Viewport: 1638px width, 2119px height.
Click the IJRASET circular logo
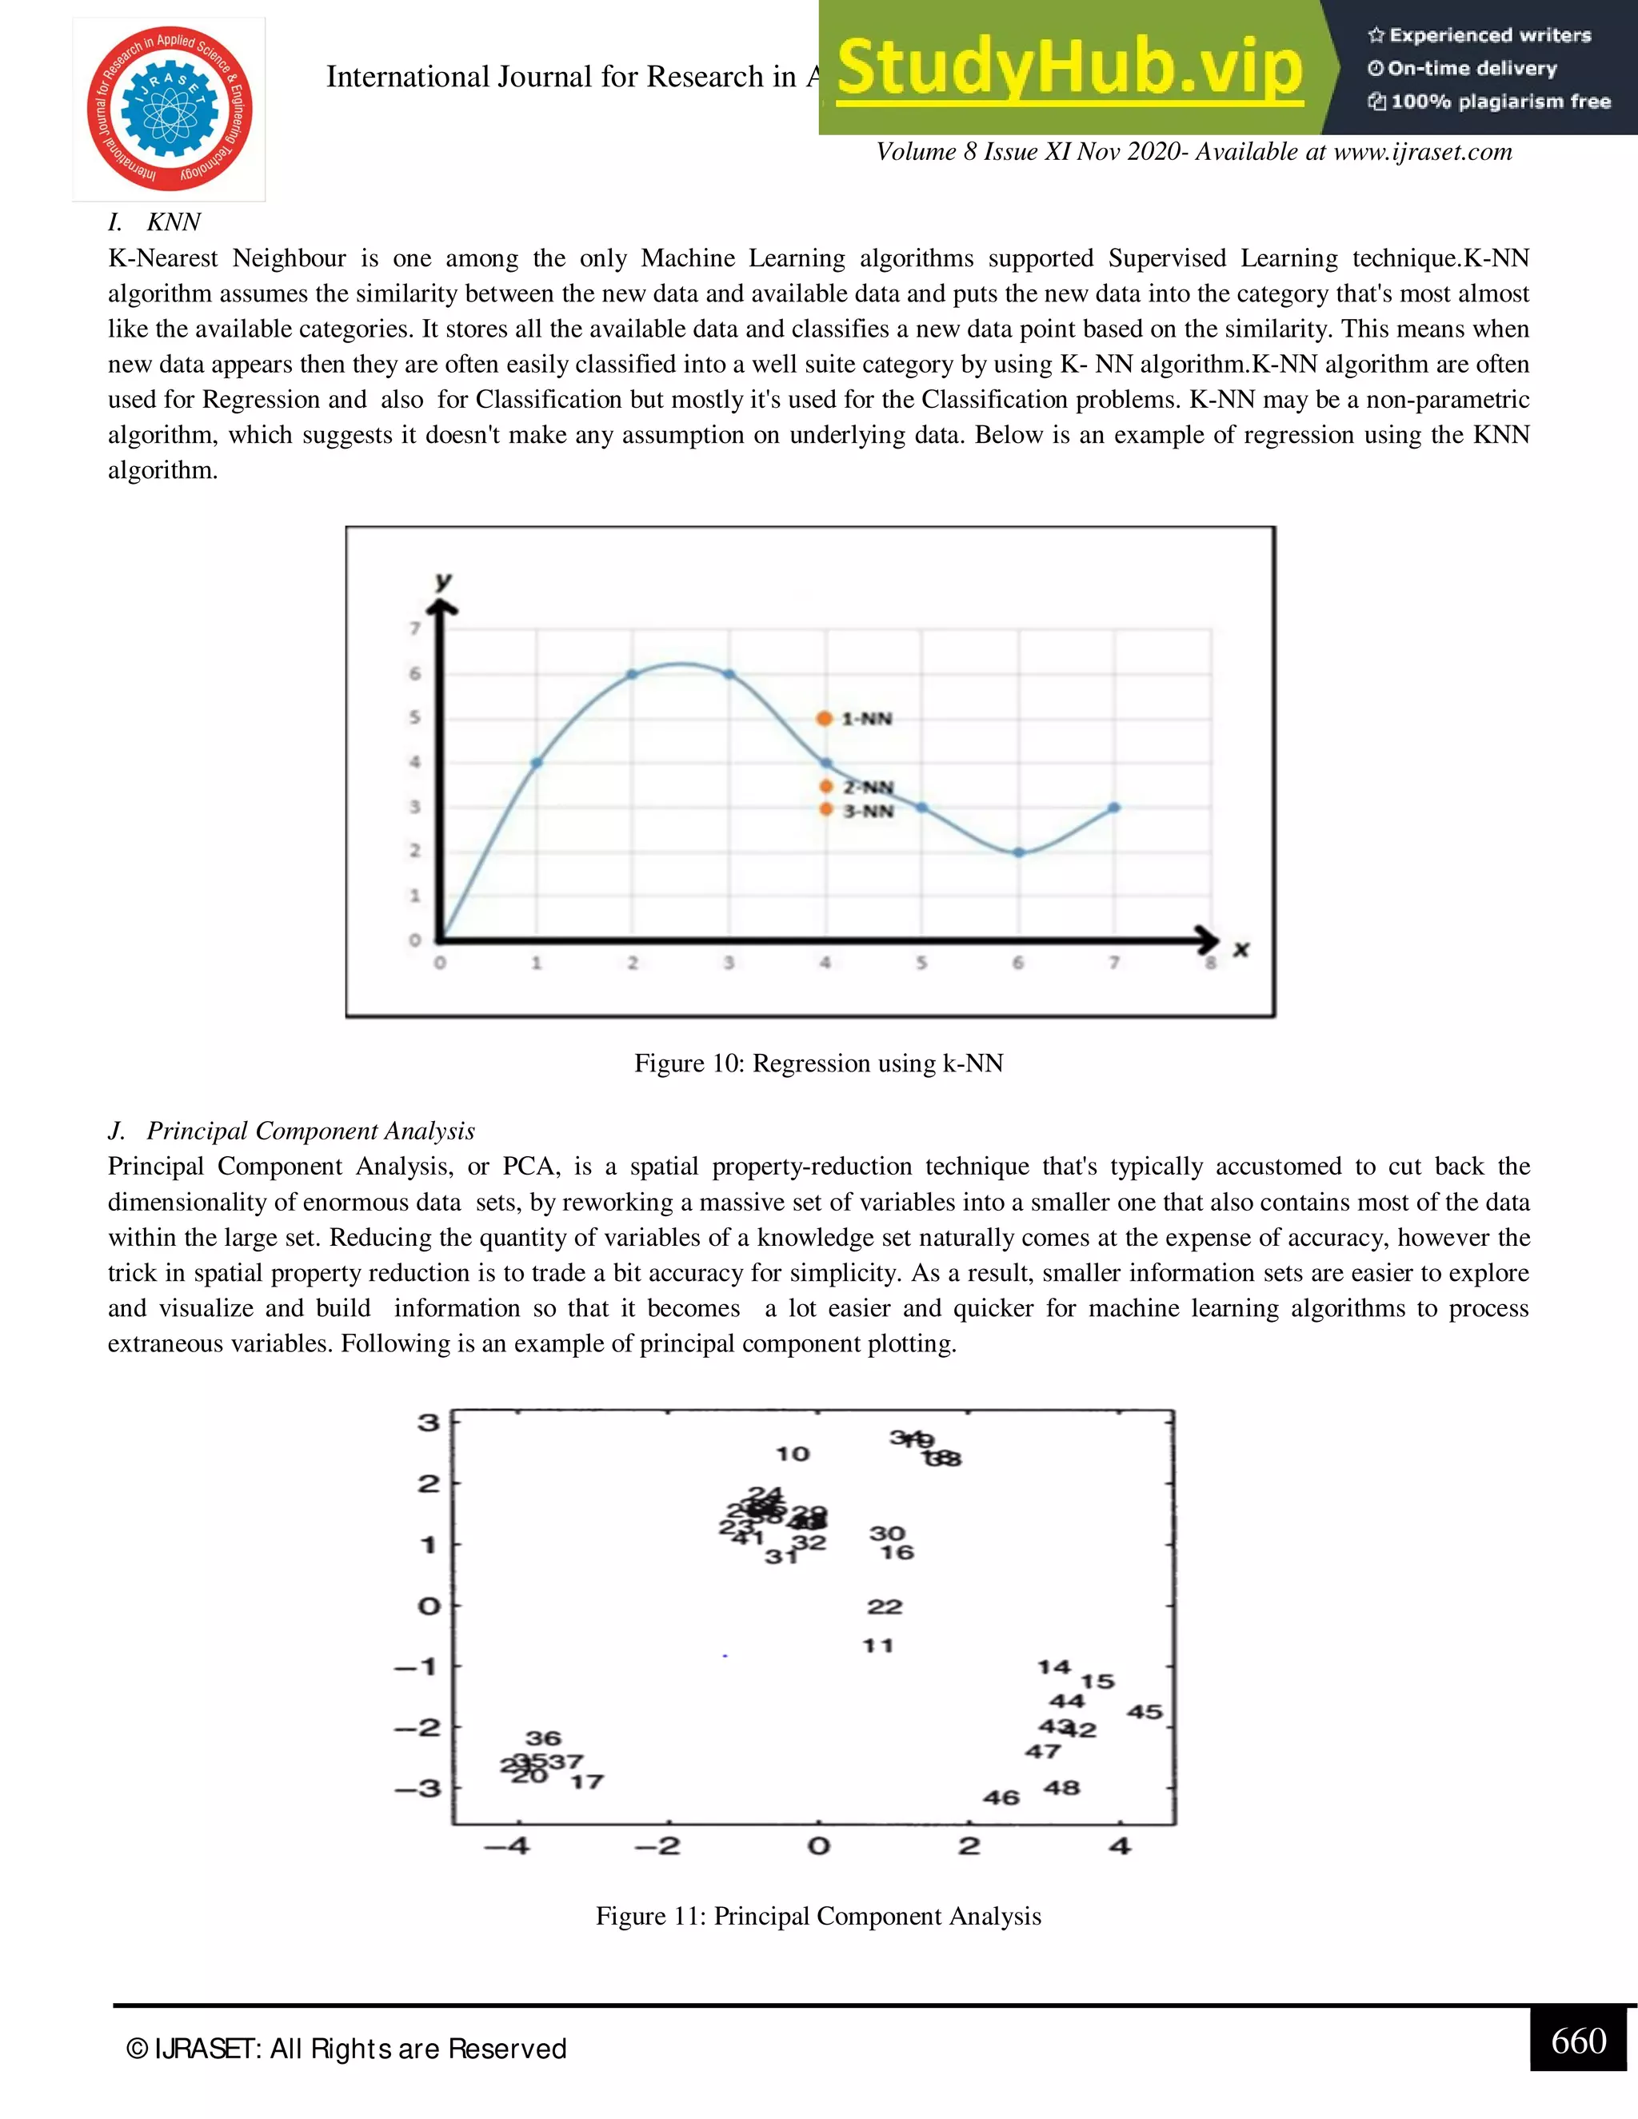tap(169, 109)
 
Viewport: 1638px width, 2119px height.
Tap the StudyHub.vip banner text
tap(1069, 68)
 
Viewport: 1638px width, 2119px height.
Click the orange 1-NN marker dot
tap(824, 718)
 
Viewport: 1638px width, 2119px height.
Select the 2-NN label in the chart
tap(868, 787)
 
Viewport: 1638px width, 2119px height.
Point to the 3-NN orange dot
tap(825, 809)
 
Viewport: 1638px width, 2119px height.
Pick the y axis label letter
tap(443, 581)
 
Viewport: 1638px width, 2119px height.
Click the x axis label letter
tap(1240, 949)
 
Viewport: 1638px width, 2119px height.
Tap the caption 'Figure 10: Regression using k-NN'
tap(818, 1063)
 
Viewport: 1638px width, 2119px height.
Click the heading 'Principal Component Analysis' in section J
tap(310, 1131)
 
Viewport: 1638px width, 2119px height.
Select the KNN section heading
tap(174, 222)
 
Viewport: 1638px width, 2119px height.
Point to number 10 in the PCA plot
tap(792, 1454)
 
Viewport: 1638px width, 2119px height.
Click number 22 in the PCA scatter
tap(884, 1606)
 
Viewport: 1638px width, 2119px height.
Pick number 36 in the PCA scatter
tap(543, 1738)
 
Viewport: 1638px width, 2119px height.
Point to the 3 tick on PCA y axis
tap(428, 1423)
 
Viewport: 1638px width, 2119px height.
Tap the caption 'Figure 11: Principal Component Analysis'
tap(818, 1916)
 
